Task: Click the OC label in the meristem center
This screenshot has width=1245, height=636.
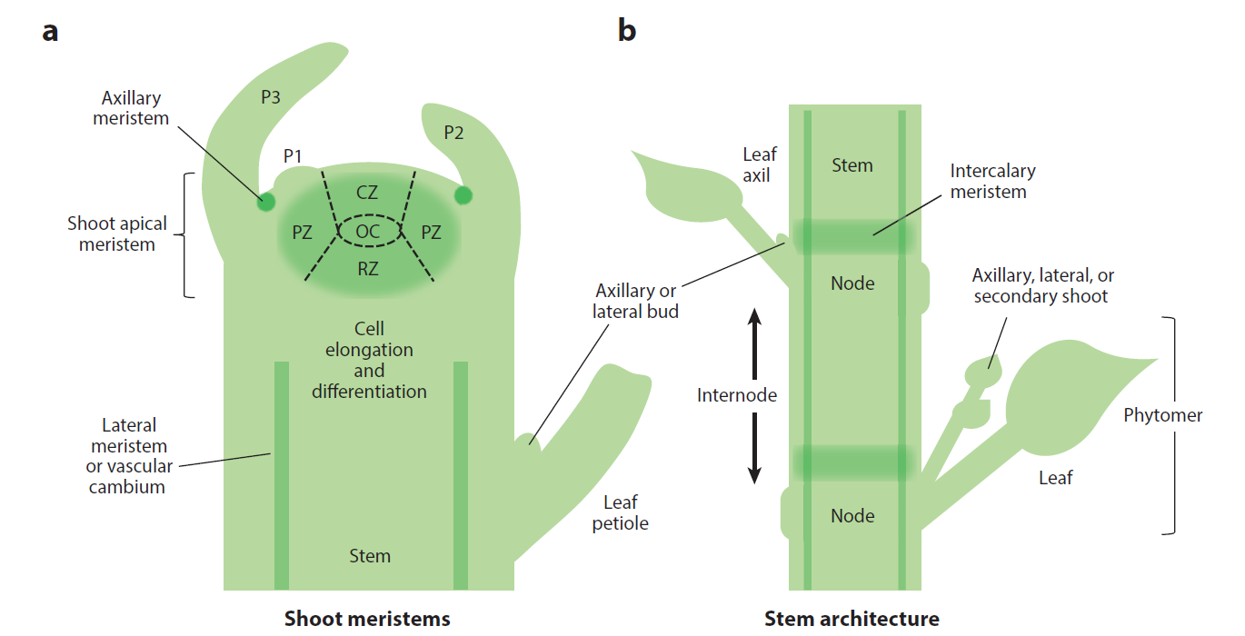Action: (x=368, y=232)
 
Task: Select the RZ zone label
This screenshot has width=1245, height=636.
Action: (x=368, y=268)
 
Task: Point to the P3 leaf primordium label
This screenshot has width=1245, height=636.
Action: (x=271, y=97)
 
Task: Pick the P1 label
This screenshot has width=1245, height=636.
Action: (x=292, y=156)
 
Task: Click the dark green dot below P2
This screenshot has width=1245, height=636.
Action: (x=463, y=194)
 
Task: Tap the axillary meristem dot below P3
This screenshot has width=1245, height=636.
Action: (x=265, y=202)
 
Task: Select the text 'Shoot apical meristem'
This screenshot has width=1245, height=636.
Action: (x=116, y=234)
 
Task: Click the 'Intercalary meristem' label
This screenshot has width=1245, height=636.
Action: (x=992, y=181)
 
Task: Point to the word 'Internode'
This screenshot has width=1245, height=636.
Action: (x=737, y=395)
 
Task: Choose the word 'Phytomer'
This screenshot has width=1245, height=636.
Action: (x=1162, y=415)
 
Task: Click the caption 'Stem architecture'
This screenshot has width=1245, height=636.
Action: (x=852, y=619)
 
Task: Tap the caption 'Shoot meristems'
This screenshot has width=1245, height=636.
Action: (x=367, y=619)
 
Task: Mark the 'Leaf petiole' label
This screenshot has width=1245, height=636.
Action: (x=620, y=512)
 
